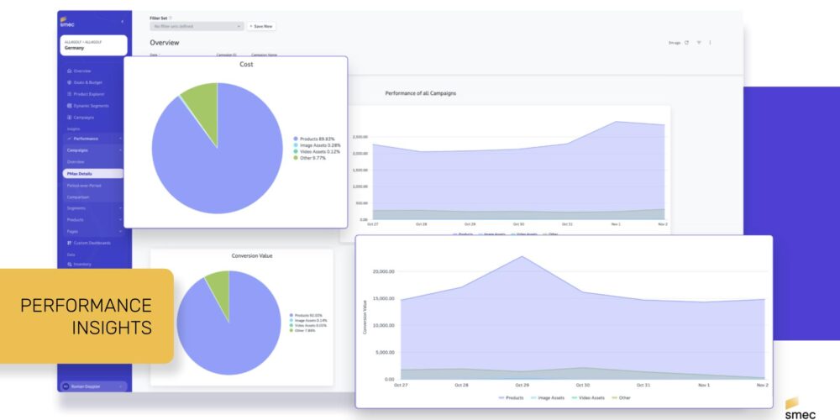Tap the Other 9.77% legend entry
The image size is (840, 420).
pyautogui.click(x=312, y=158)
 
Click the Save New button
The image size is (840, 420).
pyautogui.click(x=262, y=26)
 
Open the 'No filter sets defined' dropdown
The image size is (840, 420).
pyautogui.click(x=197, y=26)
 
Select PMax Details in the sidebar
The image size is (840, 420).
pyautogui.click(x=80, y=173)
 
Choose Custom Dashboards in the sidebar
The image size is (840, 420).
pyautogui.click(x=91, y=243)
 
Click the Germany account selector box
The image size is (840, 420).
pyautogui.click(x=93, y=45)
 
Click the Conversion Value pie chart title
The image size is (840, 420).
pyautogui.click(x=251, y=255)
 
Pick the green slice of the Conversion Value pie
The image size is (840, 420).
pyautogui.click(x=218, y=284)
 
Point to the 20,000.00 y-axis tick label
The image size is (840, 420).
pyautogui.click(x=383, y=271)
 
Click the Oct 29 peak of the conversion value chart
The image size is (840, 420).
pyautogui.click(x=522, y=257)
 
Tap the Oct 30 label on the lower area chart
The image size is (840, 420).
pyautogui.click(x=582, y=385)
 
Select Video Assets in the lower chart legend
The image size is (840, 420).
pyautogui.click(x=587, y=397)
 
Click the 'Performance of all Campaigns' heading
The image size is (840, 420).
pyautogui.click(x=420, y=92)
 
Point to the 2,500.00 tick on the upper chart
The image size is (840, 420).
pyautogui.click(x=360, y=137)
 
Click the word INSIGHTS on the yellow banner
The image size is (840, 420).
pyautogui.click(x=113, y=327)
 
